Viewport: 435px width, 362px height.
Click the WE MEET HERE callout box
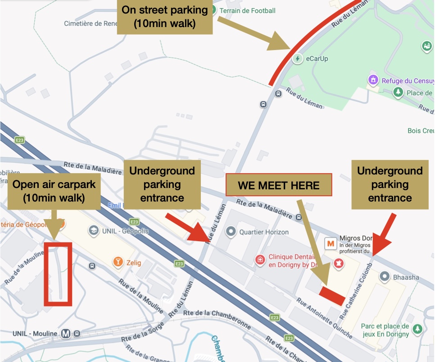pos(278,185)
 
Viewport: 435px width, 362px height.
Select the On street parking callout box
pos(164,17)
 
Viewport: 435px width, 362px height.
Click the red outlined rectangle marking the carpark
pos(58,274)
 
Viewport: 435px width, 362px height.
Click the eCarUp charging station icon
pos(297,59)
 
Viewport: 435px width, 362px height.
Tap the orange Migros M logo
pos(331,244)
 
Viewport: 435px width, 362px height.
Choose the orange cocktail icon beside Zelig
pos(118,262)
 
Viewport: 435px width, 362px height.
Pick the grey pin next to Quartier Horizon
pos(231,232)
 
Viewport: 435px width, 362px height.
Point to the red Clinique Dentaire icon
pos(260,260)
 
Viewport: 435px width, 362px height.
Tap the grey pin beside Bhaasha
pos(385,276)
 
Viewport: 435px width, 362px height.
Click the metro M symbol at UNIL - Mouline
pos(66,334)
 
